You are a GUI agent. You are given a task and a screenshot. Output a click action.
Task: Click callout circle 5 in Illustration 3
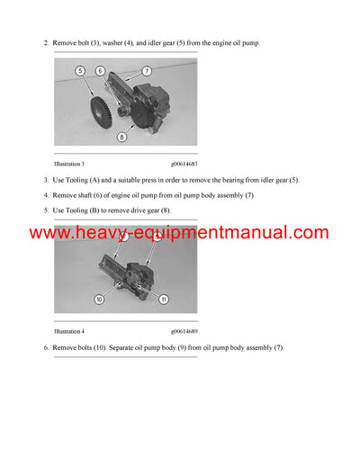tap(80, 70)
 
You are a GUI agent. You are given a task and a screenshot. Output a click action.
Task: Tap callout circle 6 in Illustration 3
tap(101, 70)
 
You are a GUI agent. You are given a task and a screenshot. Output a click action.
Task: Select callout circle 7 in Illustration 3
tap(147, 70)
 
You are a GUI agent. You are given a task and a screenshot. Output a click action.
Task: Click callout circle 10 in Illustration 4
tap(100, 298)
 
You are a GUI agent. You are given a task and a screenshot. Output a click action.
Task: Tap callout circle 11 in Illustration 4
tap(163, 298)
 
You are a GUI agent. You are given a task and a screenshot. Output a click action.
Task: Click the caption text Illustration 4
tap(70, 331)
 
